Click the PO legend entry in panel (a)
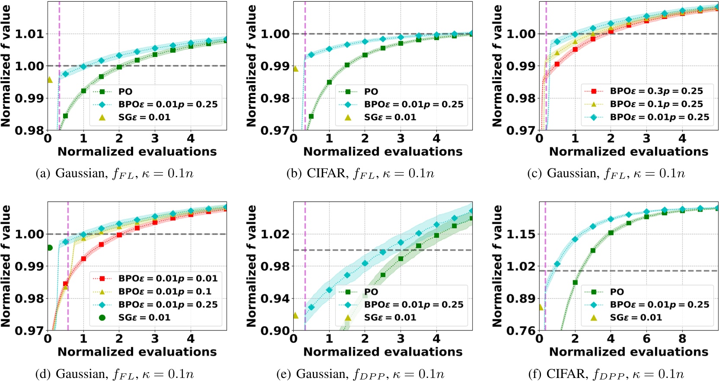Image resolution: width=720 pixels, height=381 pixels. coord(125,92)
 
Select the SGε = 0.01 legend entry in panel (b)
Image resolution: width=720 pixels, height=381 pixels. coord(390,117)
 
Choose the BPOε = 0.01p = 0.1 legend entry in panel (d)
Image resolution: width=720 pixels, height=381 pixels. coord(165,292)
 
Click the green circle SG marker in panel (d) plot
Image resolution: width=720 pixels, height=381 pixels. coord(50,248)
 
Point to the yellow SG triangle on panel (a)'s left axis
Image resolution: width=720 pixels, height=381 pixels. coord(49,79)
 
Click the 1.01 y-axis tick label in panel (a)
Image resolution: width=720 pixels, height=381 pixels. coord(30,34)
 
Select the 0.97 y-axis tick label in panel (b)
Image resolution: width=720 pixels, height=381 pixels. coord(275,130)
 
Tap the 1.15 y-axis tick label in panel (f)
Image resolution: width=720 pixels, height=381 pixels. coord(521,234)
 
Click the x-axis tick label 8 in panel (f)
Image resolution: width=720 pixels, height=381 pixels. coord(682,339)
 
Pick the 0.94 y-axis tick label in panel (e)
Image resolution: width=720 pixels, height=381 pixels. coord(275,298)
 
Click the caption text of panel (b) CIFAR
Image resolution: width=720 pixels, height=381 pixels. coord(360,174)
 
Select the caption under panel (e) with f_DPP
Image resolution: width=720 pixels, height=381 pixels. coord(360,374)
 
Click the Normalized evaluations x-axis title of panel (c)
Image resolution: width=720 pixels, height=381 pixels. coord(628,152)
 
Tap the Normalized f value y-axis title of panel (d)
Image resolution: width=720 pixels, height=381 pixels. coord(6,266)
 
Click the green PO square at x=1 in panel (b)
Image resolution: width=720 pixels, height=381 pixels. coord(330,82)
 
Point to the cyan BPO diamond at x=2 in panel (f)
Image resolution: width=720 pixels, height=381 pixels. coord(575,239)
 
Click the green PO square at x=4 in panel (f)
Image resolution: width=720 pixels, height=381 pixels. coord(611,232)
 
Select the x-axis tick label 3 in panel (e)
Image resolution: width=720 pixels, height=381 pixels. coord(401,339)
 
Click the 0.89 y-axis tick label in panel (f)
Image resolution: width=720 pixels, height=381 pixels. coord(521,298)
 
